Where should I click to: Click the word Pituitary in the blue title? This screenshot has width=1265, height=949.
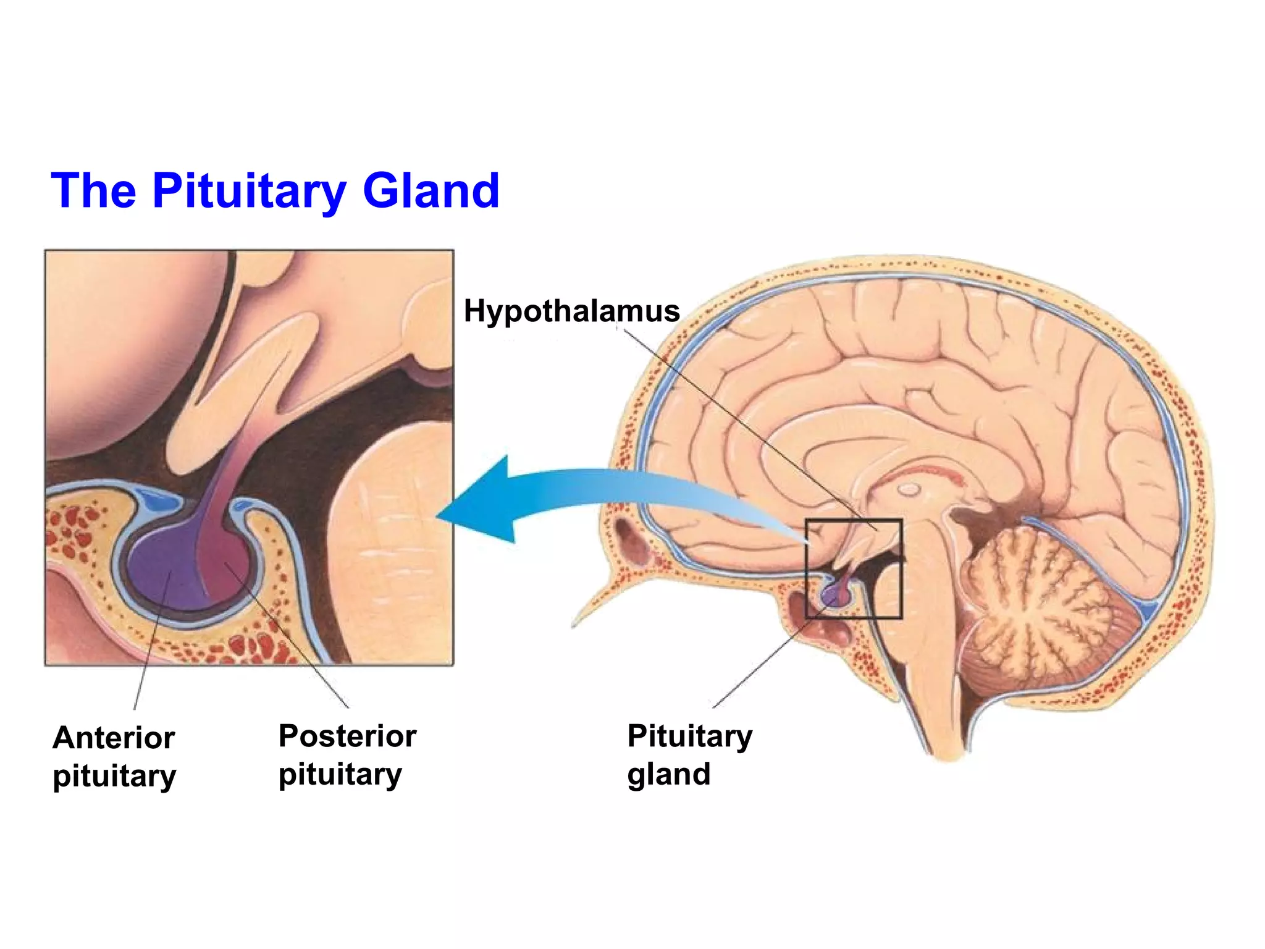pos(250,192)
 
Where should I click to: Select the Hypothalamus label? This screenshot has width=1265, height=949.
pos(571,311)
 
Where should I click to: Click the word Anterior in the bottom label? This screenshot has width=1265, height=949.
pos(114,738)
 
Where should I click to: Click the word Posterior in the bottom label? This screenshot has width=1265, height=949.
pos(347,736)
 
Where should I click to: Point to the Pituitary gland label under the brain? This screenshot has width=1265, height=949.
pos(689,754)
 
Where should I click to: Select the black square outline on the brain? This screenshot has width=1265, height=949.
pos(807,568)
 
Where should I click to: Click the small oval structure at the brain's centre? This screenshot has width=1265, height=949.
pos(909,489)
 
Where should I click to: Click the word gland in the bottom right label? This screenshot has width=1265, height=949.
pos(668,774)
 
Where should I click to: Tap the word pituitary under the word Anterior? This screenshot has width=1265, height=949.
pos(114,776)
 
